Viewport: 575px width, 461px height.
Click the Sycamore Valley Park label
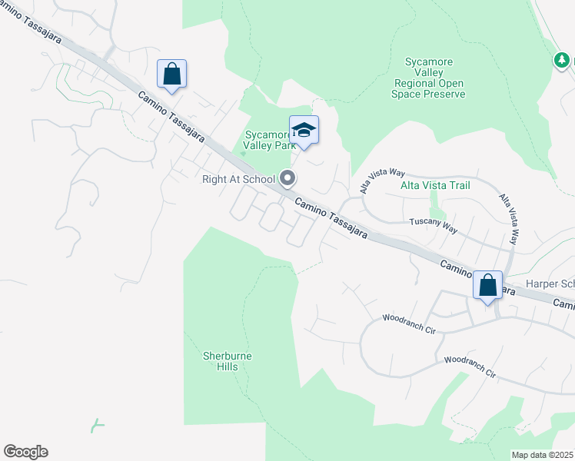tap(266, 137)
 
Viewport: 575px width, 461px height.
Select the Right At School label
tap(238, 180)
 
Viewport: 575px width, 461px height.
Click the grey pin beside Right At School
tap(287, 179)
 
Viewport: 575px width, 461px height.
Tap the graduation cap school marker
tap(304, 131)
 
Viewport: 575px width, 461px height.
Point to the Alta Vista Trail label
tap(435, 185)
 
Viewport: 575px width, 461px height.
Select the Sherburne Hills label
tap(227, 361)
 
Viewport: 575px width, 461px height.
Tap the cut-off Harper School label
tap(550, 284)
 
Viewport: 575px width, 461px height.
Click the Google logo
tap(25, 452)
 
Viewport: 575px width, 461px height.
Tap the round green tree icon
tap(563, 60)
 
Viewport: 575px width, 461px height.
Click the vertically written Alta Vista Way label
tap(509, 220)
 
